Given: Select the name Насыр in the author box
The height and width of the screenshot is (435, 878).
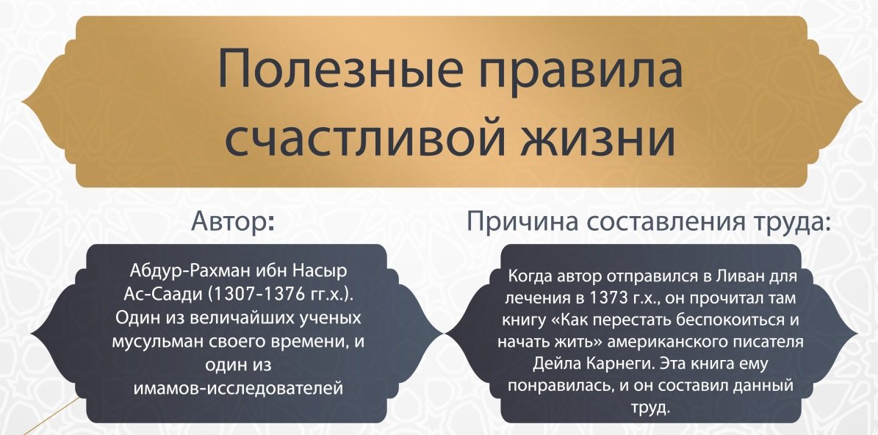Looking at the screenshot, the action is coord(321,270).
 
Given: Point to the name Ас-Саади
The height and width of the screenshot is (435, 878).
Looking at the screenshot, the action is coord(159,294).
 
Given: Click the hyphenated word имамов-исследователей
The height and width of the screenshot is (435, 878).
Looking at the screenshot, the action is coord(238,387).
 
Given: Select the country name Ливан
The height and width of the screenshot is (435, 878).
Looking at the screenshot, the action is coord(748,276).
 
